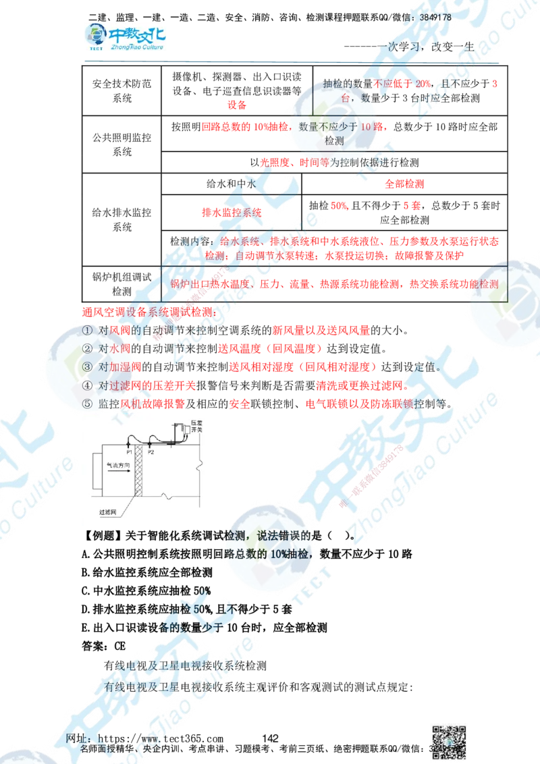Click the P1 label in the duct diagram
129,452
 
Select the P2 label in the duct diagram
151,452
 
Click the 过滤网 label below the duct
109,513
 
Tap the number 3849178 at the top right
435,17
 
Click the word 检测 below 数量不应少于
334,141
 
